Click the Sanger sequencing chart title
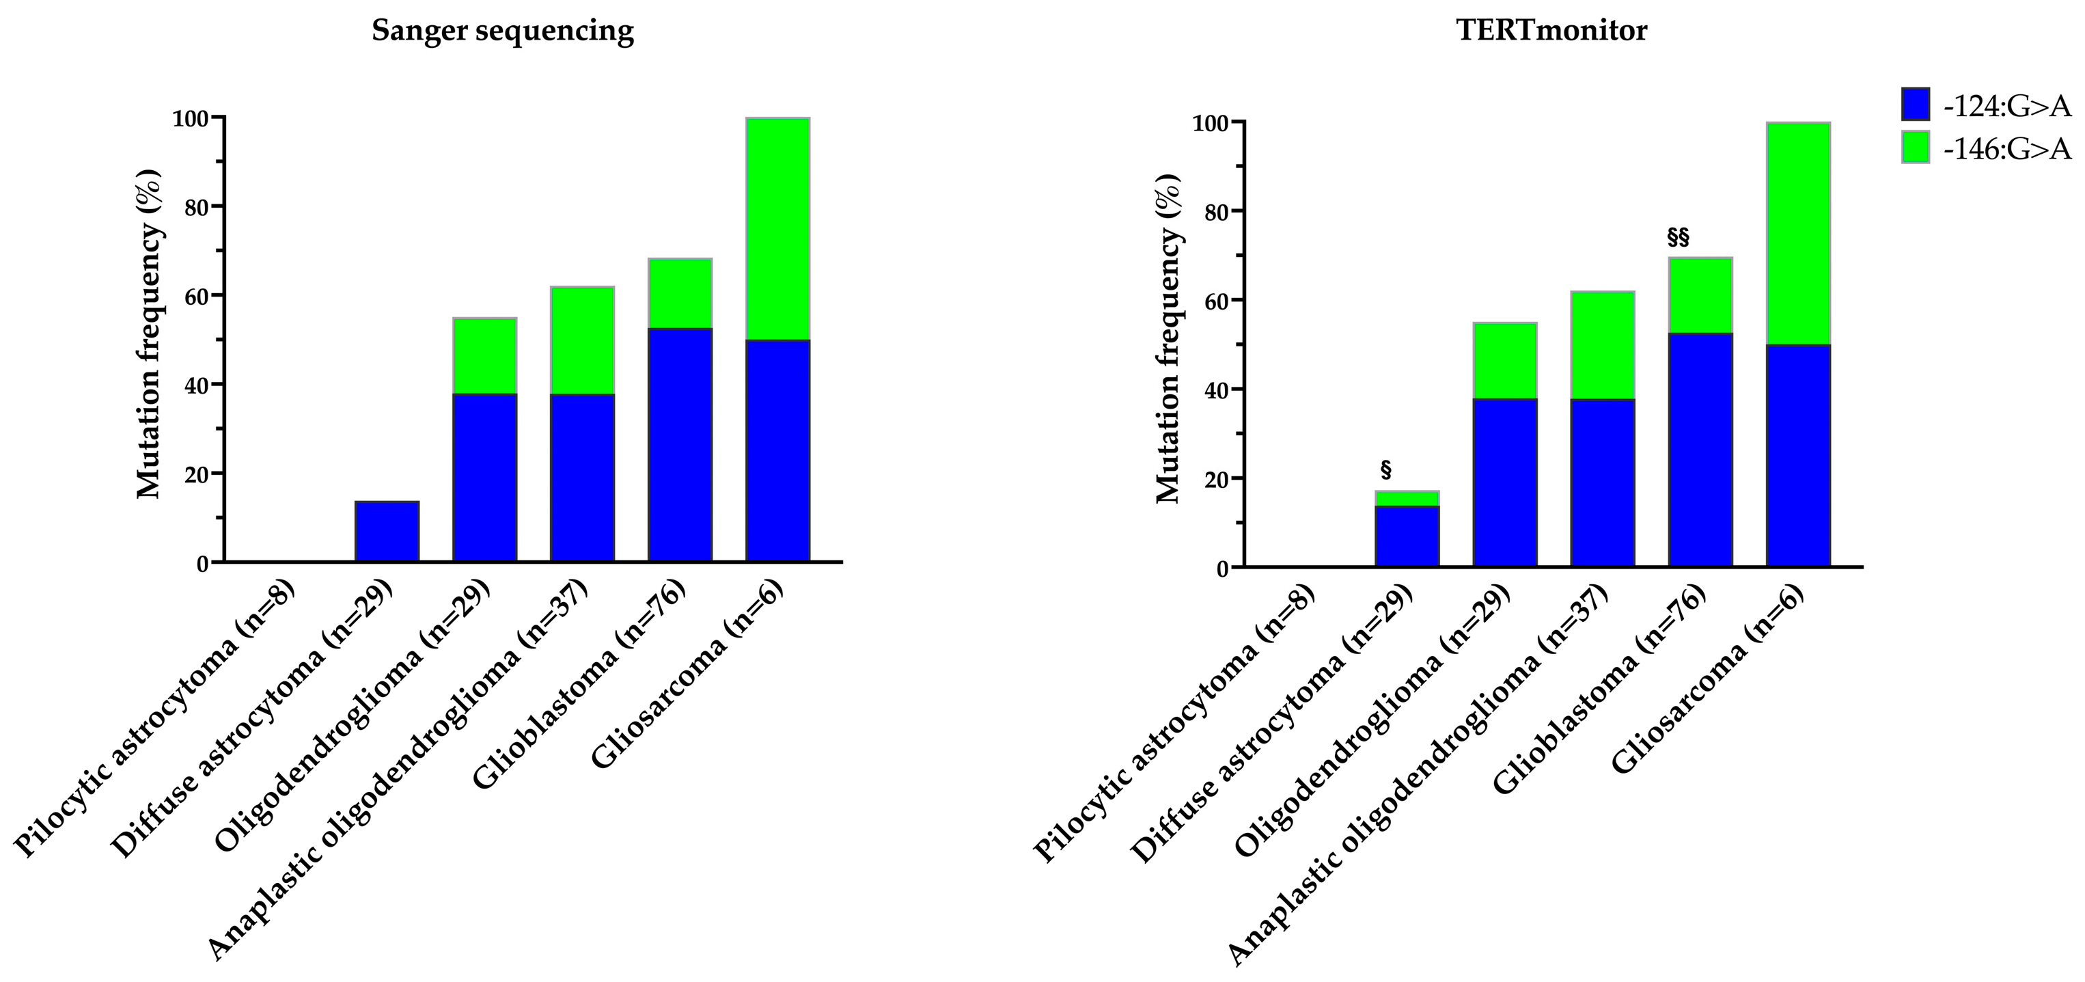point(502,31)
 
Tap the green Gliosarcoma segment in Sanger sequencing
point(777,228)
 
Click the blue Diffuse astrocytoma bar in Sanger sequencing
point(387,531)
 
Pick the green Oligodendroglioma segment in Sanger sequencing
point(484,355)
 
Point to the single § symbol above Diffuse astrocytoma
point(1385,470)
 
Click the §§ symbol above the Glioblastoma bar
point(1678,237)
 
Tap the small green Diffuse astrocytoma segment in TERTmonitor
point(1407,498)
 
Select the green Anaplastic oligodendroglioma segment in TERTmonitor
point(1602,345)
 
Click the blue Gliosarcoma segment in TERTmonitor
point(1797,455)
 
